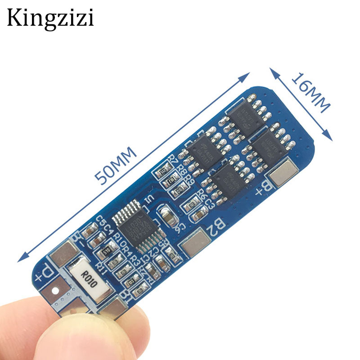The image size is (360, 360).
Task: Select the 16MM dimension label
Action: tap(310, 92)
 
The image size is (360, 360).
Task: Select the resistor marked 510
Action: tap(107, 251)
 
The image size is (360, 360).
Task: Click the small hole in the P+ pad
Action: tap(56, 291)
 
